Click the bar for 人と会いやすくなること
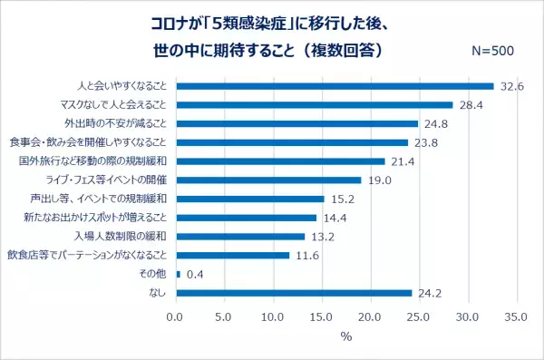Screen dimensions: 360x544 point(334,86)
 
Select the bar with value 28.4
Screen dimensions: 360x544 point(314,104)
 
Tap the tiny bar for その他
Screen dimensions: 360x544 point(178,274)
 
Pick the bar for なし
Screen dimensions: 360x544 point(293,293)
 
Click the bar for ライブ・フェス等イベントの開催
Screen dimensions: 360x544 point(267,180)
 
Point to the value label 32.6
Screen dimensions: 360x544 point(510,86)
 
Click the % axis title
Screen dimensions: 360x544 point(345,337)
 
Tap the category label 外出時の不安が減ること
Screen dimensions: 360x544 point(114,123)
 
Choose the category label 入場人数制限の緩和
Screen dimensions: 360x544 point(120,237)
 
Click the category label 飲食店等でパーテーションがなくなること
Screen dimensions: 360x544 point(87,255)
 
